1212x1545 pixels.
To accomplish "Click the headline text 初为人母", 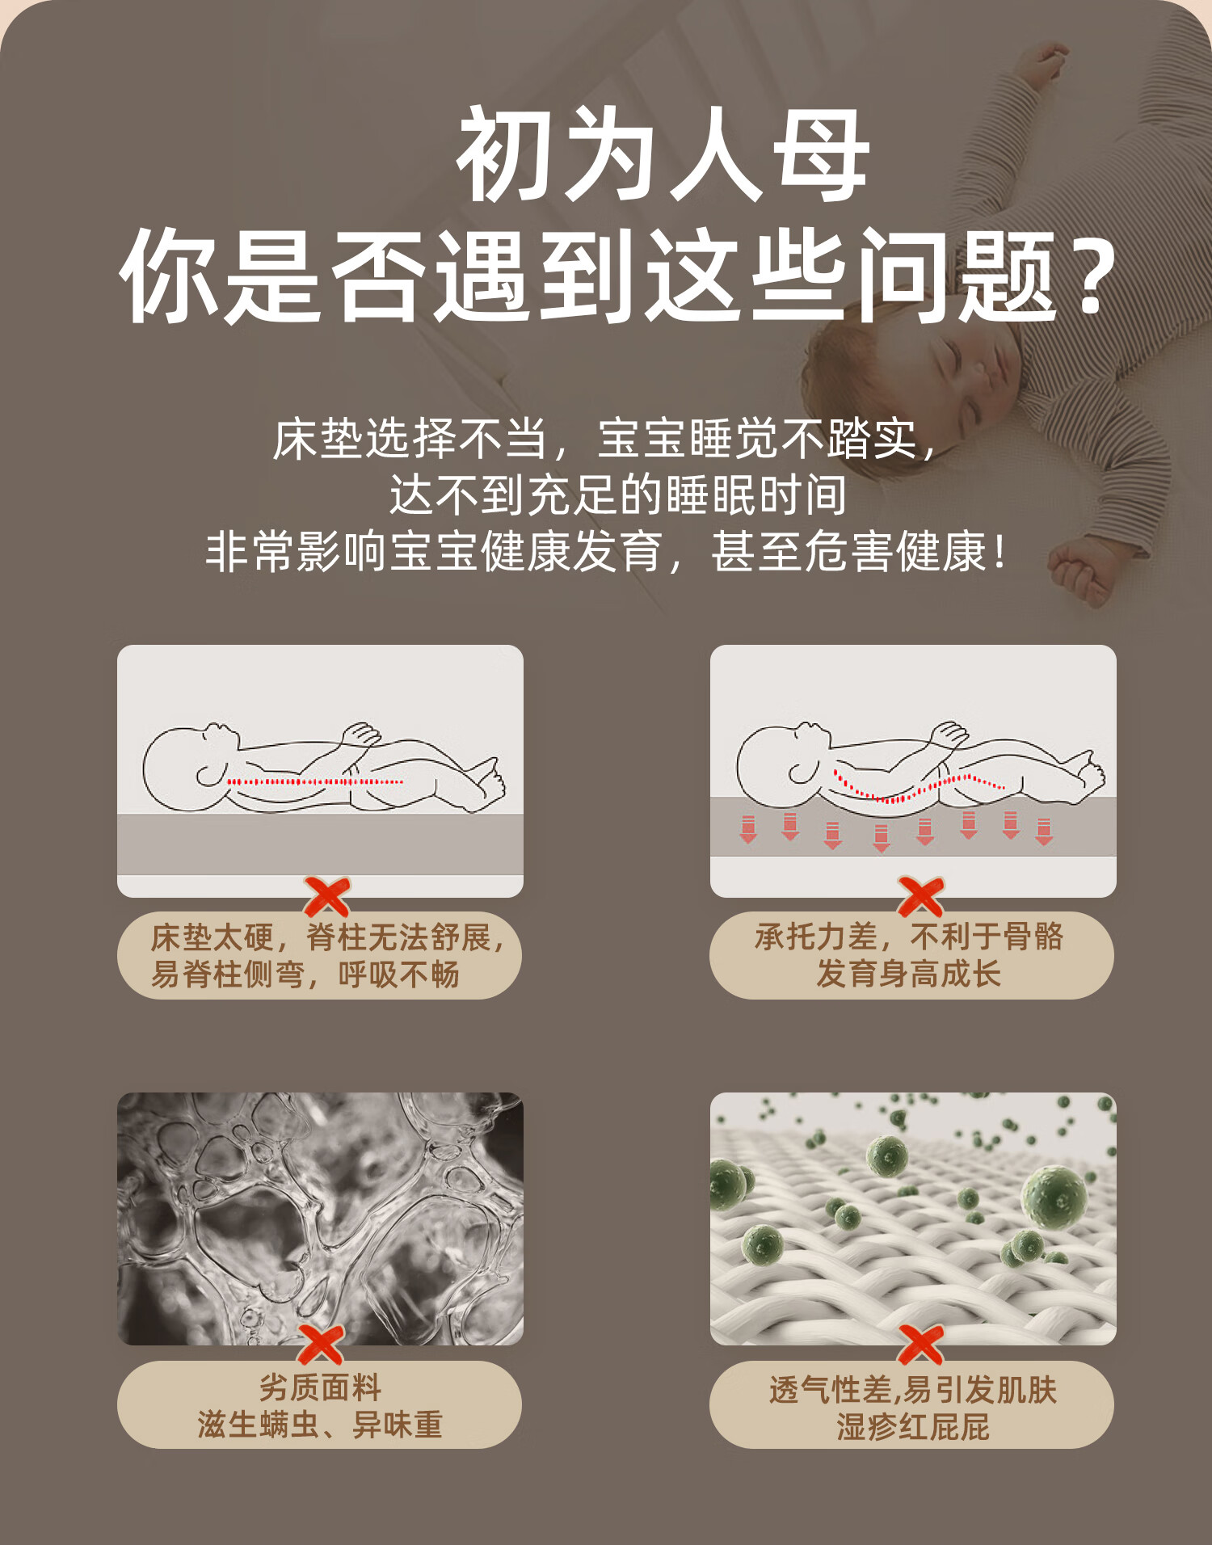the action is pyautogui.click(x=663, y=154).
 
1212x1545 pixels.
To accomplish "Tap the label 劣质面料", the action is pyautogui.click(x=320, y=1387).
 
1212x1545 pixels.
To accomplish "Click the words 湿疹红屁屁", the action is pyautogui.click(x=913, y=1427).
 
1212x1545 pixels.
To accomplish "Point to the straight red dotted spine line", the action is pyautogui.click(x=315, y=781).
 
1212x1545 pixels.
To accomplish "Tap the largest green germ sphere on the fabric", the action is pyautogui.click(x=1054, y=1198).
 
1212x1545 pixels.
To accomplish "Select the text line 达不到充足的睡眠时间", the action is pyautogui.click(x=618, y=495).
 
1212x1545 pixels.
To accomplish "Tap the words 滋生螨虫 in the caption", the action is pyautogui.click(x=259, y=1425).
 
